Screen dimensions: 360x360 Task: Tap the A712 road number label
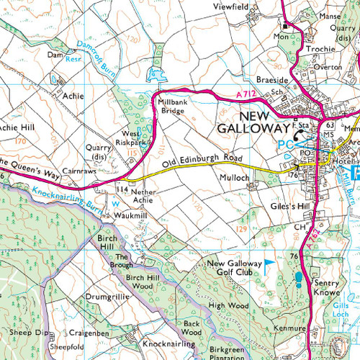click(246, 94)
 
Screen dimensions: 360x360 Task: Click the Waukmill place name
click(129, 214)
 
